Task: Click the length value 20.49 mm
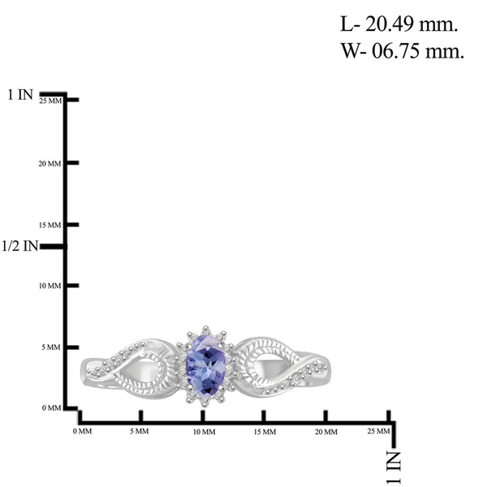(411, 24)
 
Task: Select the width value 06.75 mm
(418, 50)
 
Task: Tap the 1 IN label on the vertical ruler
(20, 94)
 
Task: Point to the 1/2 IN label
(19, 246)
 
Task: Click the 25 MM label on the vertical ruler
(50, 101)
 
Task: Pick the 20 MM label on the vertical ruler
(50, 164)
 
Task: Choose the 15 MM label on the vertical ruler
(50, 225)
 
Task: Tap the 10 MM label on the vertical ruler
(50, 286)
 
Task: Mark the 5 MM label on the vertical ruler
(51, 347)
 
